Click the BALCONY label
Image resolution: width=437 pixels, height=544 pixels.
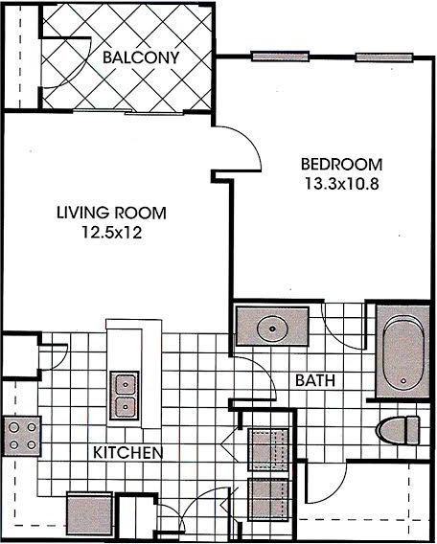142,57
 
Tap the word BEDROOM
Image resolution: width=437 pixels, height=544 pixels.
340,163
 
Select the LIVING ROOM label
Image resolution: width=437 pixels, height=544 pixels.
110,212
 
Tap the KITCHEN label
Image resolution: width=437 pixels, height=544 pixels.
126,451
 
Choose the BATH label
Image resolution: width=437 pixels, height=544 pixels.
315,380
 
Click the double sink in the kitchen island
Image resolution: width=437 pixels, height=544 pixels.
124,396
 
